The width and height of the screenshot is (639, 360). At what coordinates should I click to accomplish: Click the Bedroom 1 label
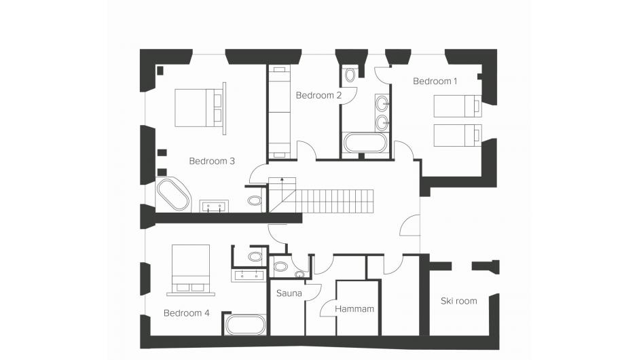click(x=435, y=81)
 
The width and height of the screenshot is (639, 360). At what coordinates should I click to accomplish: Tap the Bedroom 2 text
click(x=318, y=95)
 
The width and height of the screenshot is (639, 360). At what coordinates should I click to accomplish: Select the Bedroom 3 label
click(x=212, y=161)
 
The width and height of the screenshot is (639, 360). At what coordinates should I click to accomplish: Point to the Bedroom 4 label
click(x=186, y=313)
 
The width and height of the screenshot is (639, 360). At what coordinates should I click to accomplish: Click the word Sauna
click(x=289, y=293)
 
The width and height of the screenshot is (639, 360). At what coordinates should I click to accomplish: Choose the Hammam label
click(x=354, y=309)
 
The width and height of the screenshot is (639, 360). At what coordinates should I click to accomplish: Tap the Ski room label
click(x=458, y=301)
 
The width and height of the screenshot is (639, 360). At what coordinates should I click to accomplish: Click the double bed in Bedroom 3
click(x=199, y=108)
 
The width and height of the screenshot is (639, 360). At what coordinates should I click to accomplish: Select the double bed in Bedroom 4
click(x=191, y=270)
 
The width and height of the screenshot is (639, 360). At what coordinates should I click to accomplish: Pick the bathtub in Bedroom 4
click(x=246, y=325)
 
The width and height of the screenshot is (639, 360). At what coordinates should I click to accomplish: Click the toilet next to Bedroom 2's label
click(x=350, y=75)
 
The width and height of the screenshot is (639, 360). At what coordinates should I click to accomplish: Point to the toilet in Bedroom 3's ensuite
click(x=255, y=200)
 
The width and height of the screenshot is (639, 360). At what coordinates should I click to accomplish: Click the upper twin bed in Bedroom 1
click(x=457, y=106)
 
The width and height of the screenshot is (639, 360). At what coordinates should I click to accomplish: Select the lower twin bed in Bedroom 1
click(x=457, y=135)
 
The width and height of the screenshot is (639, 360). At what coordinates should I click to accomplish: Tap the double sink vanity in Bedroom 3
click(x=214, y=206)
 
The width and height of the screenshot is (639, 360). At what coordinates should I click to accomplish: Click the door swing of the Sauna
click(x=314, y=292)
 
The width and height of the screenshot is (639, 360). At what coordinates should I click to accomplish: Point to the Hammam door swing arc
click(x=327, y=308)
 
